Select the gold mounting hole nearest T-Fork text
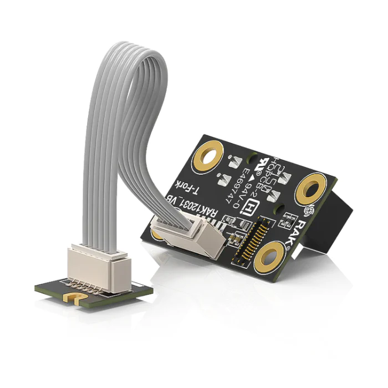210,158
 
